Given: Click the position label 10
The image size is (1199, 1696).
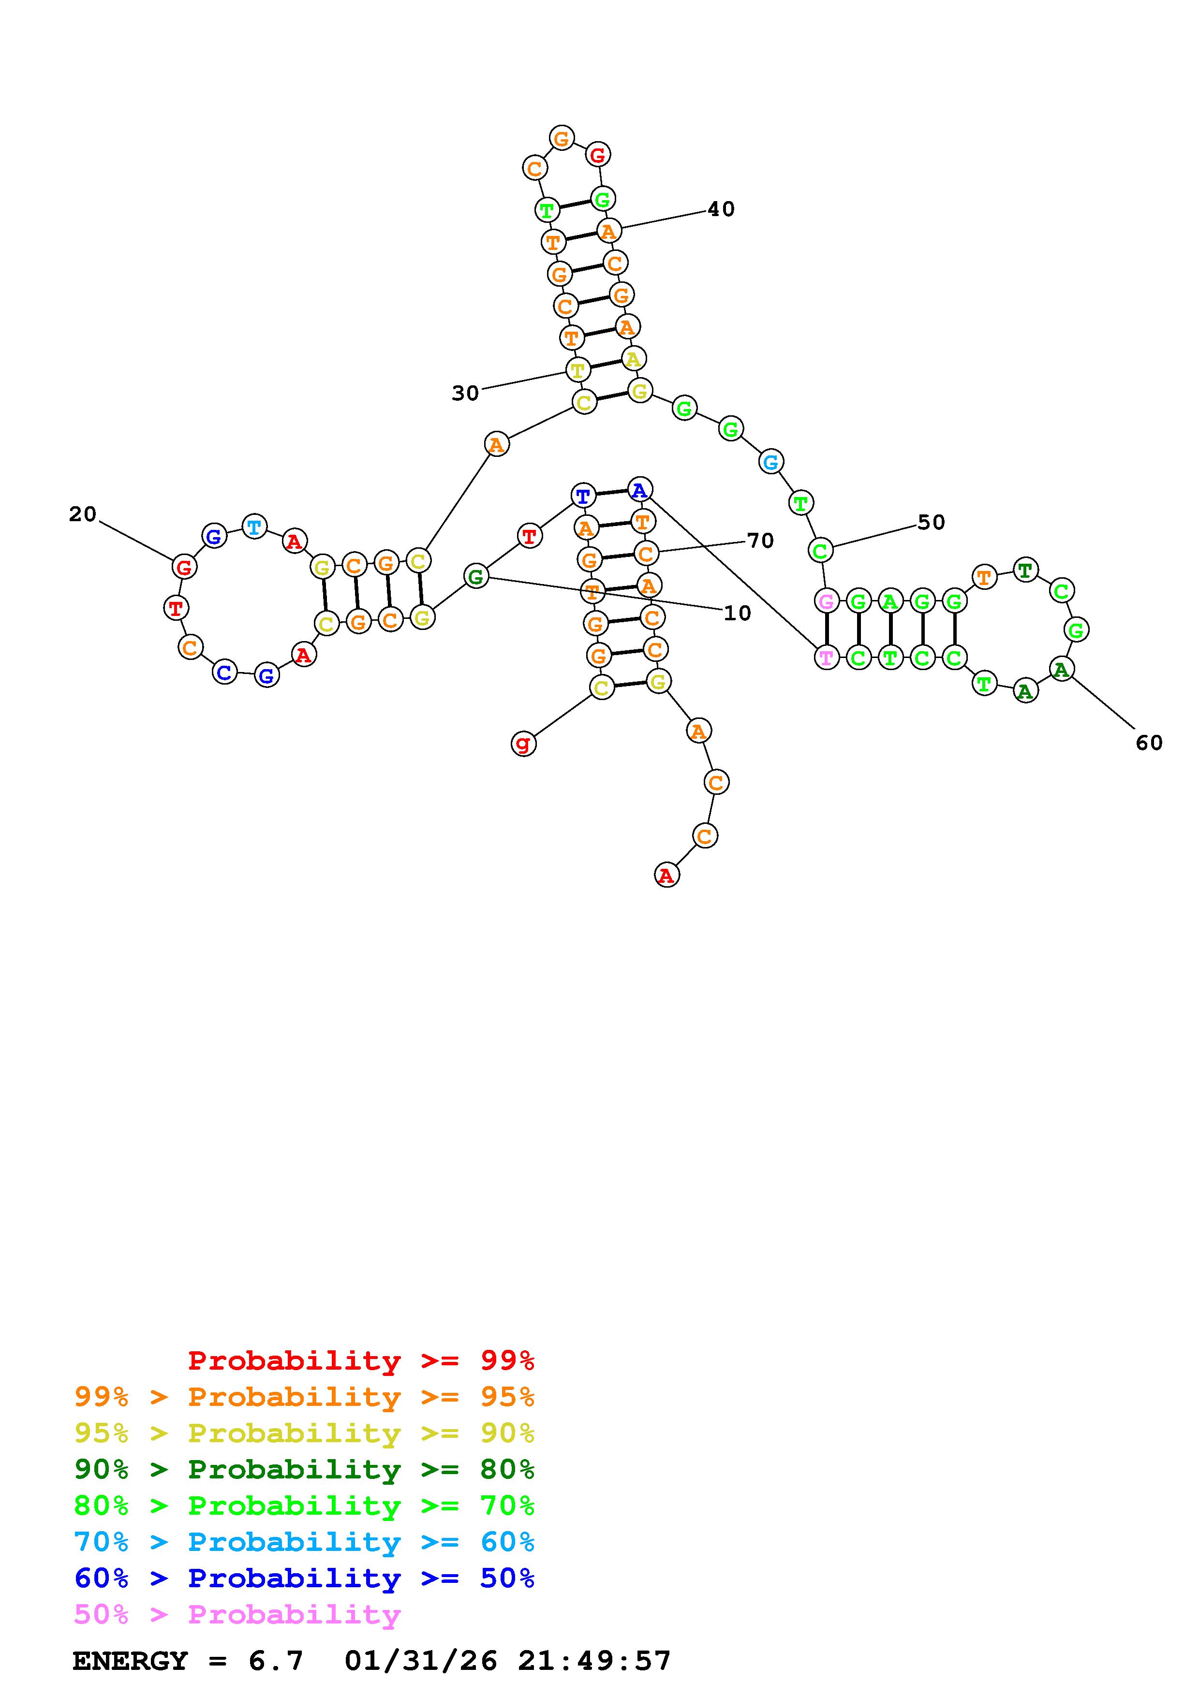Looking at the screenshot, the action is (x=737, y=613).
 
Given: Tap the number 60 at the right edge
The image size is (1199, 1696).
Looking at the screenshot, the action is (x=1149, y=743).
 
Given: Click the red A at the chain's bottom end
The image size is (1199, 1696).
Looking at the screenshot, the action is (x=666, y=876).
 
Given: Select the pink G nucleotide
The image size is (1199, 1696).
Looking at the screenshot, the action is (x=826, y=601).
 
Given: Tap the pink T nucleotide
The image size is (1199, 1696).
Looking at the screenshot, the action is (x=826, y=657).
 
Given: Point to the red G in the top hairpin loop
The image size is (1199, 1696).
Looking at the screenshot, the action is (x=598, y=155).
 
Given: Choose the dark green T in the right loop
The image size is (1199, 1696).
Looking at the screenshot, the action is (x=1025, y=570).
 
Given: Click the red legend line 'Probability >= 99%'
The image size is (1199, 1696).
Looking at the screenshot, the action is (x=361, y=1360).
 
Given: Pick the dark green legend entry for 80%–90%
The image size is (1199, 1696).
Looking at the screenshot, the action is (x=304, y=1469).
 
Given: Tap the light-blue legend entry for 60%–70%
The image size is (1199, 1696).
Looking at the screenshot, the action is (x=304, y=1542).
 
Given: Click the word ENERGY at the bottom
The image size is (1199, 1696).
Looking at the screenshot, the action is (x=130, y=1661).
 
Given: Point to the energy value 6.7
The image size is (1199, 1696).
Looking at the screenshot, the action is (x=276, y=1661).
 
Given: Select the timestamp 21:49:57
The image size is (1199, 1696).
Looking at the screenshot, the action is (x=594, y=1661).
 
